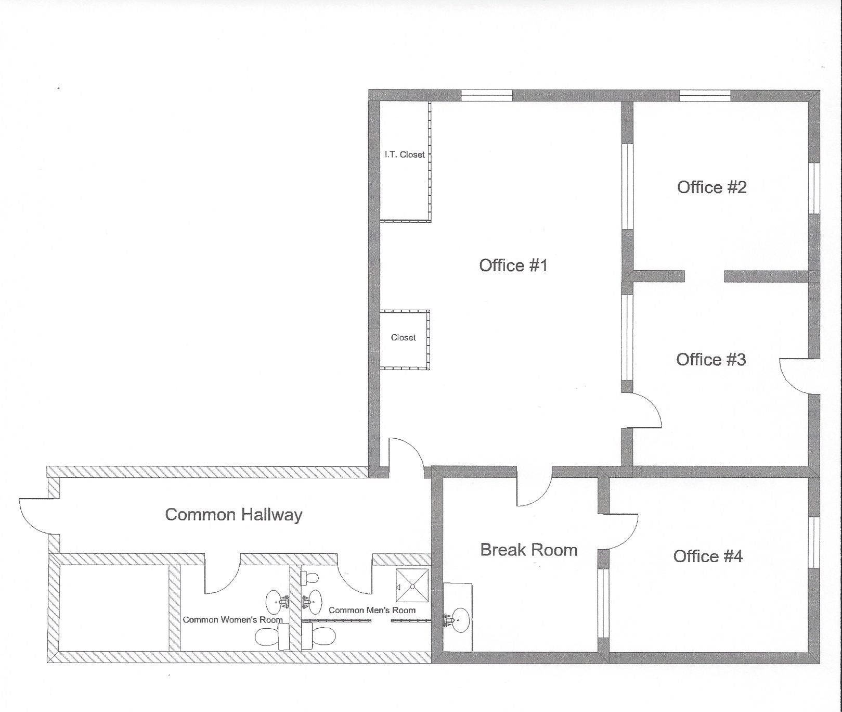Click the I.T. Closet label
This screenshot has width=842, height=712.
click(405, 155)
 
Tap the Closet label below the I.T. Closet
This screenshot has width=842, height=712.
click(403, 337)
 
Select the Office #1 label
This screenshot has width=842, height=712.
click(513, 265)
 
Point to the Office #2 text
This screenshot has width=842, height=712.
click(711, 187)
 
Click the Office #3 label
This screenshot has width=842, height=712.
click(710, 360)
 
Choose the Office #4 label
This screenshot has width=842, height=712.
click(707, 556)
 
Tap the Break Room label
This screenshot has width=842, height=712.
click(528, 550)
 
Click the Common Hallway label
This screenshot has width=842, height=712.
click(234, 515)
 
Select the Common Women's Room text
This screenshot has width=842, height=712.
click(232, 620)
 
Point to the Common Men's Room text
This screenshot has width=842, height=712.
click(372, 610)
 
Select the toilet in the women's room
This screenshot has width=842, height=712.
click(268, 637)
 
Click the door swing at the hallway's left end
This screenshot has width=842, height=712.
click(34, 515)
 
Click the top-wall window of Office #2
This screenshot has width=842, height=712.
click(705, 95)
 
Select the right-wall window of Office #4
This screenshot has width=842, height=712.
click(814, 542)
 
